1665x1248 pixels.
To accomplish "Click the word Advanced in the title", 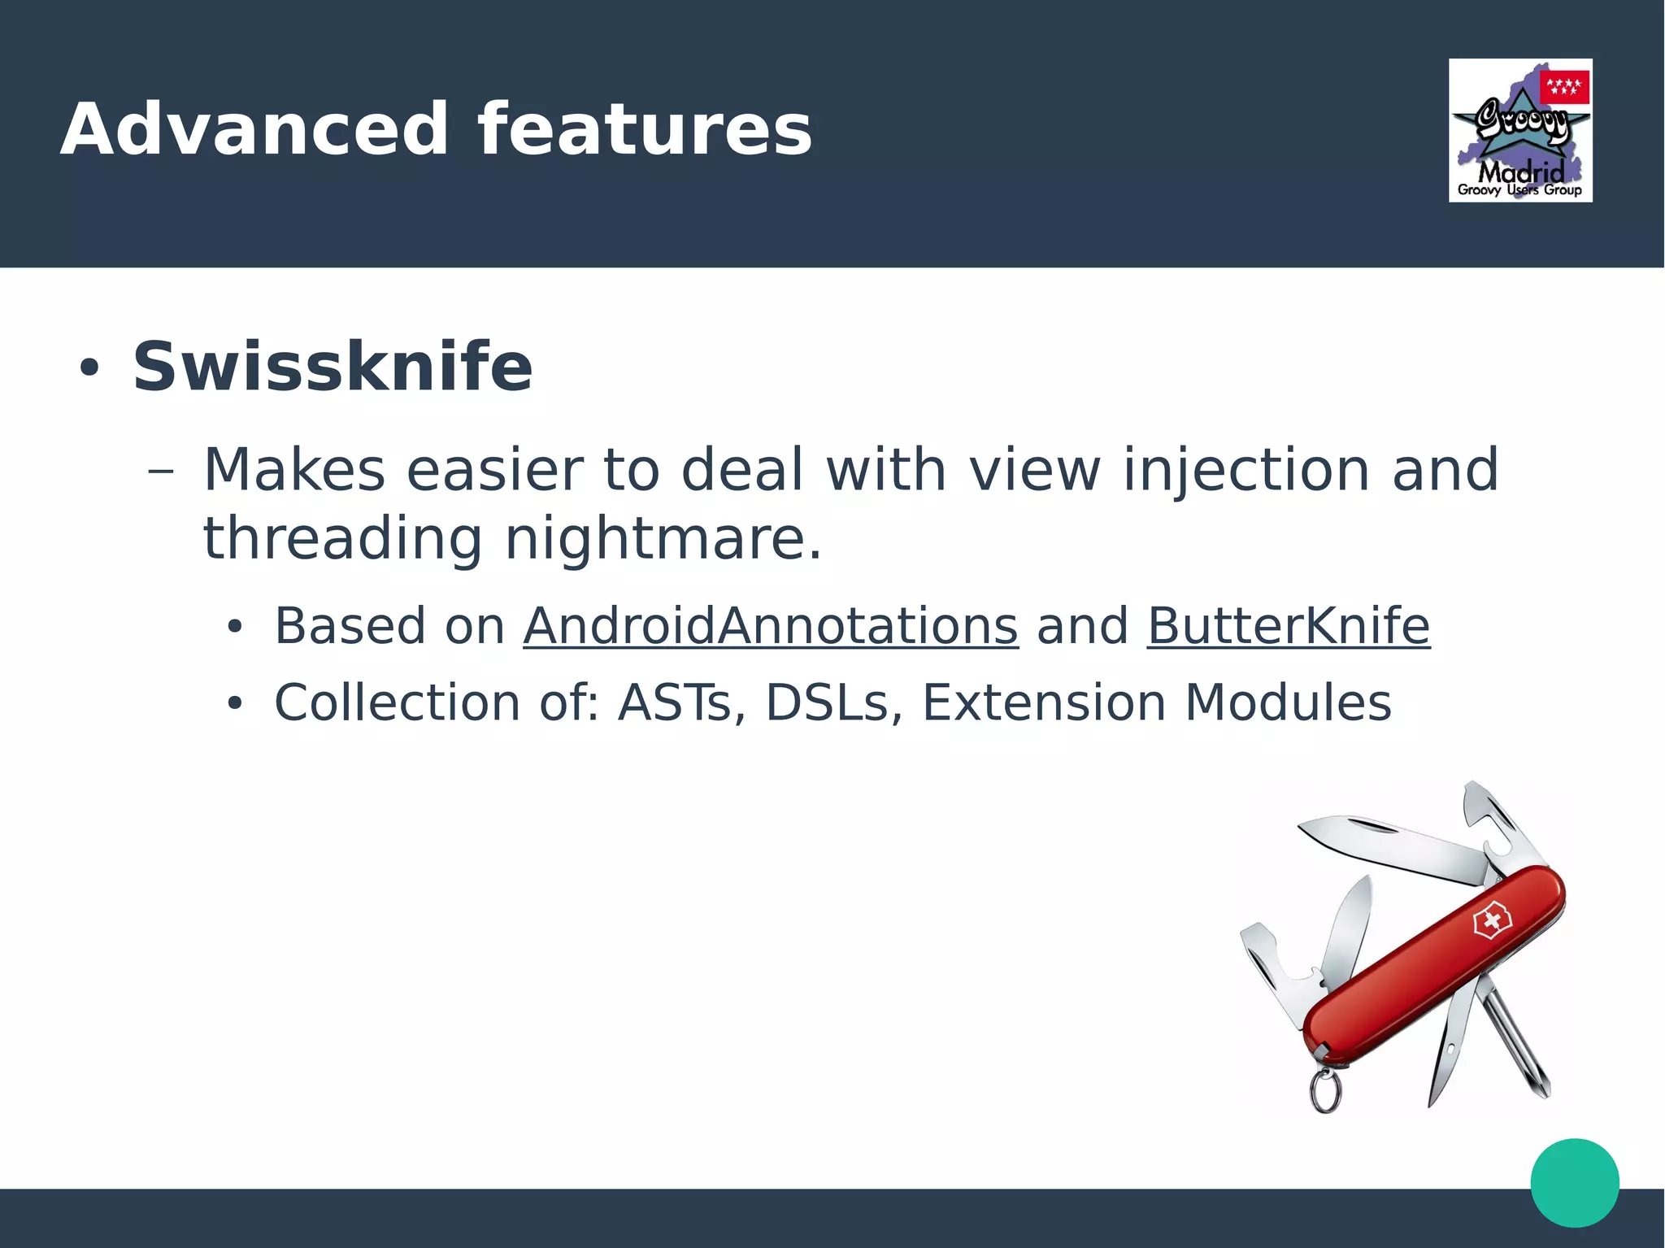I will tap(254, 130).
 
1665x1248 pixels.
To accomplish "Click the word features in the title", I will tap(644, 130).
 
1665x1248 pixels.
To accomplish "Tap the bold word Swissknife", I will tap(332, 367).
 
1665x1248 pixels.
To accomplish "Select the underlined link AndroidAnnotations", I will tap(770, 626).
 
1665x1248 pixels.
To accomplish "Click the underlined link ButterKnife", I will tap(1288, 626).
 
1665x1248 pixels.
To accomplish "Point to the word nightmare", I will tap(662, 540).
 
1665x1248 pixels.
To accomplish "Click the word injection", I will tap(1246, 472).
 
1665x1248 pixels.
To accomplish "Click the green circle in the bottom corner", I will tap(1575, 1182).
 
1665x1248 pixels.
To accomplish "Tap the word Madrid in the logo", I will tap(1520, 172).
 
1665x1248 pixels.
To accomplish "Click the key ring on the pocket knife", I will tap(1325, 1091).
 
